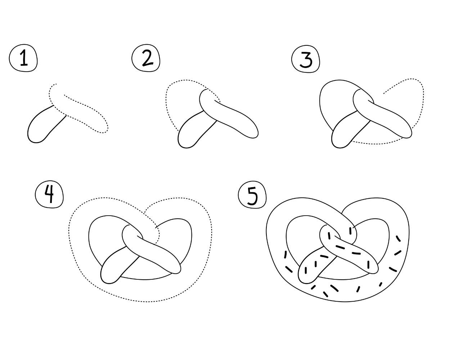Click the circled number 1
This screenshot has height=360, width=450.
[23, 59]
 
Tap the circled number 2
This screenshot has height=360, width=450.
[147, 59]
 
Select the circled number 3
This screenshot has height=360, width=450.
[306, 60]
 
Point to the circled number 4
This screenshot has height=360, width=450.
[49, 195]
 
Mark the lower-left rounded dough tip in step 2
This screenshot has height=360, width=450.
[187, 139]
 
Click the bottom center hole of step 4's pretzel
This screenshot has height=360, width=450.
[144, 268]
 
